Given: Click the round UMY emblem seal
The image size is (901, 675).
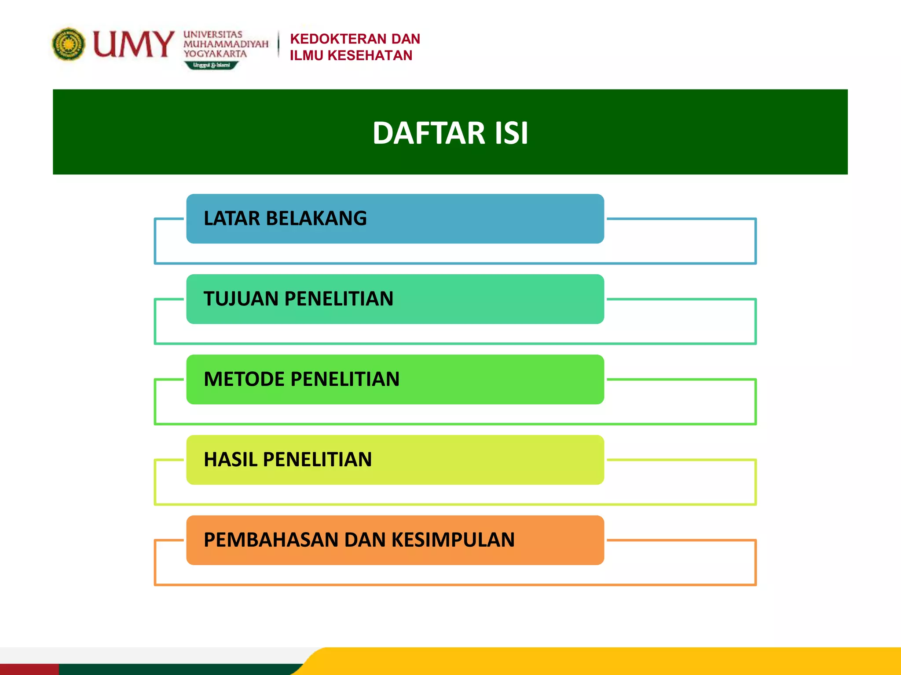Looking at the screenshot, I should (68, 44).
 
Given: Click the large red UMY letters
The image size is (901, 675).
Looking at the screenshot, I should (133, 44).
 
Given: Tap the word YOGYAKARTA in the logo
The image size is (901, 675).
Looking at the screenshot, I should (215, 54).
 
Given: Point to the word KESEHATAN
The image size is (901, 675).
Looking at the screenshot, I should (370, 56).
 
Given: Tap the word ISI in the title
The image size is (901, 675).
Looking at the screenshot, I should (511, 133).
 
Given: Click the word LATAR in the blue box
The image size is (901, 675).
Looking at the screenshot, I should (232, 218).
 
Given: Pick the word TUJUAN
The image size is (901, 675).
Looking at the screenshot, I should (241, 299).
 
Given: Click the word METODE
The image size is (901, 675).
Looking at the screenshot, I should (244, 379).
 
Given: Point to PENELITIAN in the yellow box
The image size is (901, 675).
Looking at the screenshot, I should (317, 460).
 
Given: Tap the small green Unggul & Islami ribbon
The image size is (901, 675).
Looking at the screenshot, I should (211, 65).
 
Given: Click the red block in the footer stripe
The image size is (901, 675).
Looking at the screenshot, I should (29, 669).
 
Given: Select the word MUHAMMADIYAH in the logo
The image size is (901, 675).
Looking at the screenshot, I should (226, 44).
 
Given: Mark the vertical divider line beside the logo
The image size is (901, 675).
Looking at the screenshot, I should (278, 44).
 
